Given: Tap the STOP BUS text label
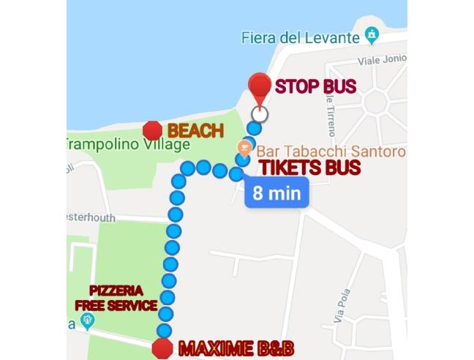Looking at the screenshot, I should point(315,87).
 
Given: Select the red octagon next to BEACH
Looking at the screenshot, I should point(152,131).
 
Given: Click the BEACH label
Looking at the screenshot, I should point(195,131).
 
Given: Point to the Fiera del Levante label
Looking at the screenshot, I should point(300,37).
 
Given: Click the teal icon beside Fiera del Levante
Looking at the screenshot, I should point(373,34).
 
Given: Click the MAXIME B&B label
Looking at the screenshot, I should point(225,345).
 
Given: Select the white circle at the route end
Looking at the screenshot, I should point(259,114).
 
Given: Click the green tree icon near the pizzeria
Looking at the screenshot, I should point(88,320).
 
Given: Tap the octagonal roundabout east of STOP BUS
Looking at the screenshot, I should point(378,102).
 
